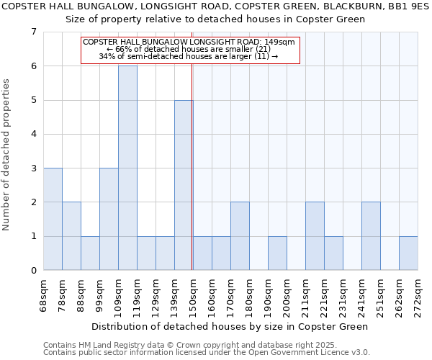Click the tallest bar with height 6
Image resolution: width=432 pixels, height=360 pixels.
[127, 168]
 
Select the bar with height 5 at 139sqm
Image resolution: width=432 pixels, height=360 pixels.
[184, 185]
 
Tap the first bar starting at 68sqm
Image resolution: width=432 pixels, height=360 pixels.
[53, 219]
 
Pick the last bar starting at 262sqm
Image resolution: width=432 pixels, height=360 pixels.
[408, 253]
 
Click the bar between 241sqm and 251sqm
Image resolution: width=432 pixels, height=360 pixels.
[371, 236]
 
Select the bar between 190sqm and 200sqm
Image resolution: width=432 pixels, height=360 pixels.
[277, 253]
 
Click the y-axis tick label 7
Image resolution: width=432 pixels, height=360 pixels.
[33, 32]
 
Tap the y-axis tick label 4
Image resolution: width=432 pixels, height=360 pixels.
[33, 134]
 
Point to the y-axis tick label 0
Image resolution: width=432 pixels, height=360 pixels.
[33, 271]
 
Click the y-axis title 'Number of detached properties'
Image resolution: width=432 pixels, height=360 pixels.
[7, 155]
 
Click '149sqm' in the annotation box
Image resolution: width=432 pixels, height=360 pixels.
[279, 42]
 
